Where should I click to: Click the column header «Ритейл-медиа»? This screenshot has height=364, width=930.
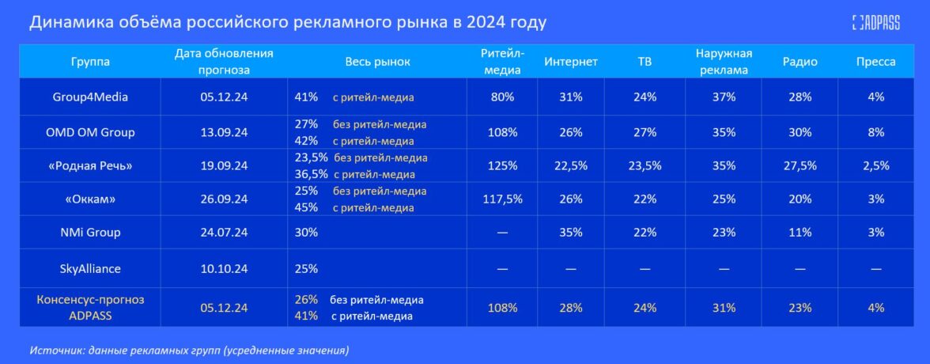(501, 61)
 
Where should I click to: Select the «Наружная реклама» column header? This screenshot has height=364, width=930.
(724, 61)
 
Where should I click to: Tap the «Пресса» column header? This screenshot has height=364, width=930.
(876, 62)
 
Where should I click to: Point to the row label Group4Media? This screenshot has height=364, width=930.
(90, 97)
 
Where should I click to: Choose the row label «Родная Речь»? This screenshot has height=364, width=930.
(90, 165)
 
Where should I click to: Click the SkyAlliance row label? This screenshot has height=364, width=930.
(90, 268)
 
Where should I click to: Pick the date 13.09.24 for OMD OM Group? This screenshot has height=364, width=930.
(224, 132)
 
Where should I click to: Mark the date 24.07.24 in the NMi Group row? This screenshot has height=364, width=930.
(224, 233)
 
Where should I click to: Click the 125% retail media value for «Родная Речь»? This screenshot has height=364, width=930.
(501, 165)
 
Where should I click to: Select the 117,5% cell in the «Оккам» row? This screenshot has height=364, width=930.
(501, 199)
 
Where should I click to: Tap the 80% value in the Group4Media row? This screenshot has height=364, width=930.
(501, 97)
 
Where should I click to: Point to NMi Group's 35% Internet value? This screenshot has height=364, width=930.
(570, 233)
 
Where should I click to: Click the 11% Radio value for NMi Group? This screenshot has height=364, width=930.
(800, 233)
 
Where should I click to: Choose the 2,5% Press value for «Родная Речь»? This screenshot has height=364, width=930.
(876, 165)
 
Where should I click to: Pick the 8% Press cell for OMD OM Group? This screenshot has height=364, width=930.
(876, 132)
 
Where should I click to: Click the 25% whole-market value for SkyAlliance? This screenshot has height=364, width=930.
(306, 268)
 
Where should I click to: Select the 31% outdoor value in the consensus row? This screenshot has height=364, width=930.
(724, 308)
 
